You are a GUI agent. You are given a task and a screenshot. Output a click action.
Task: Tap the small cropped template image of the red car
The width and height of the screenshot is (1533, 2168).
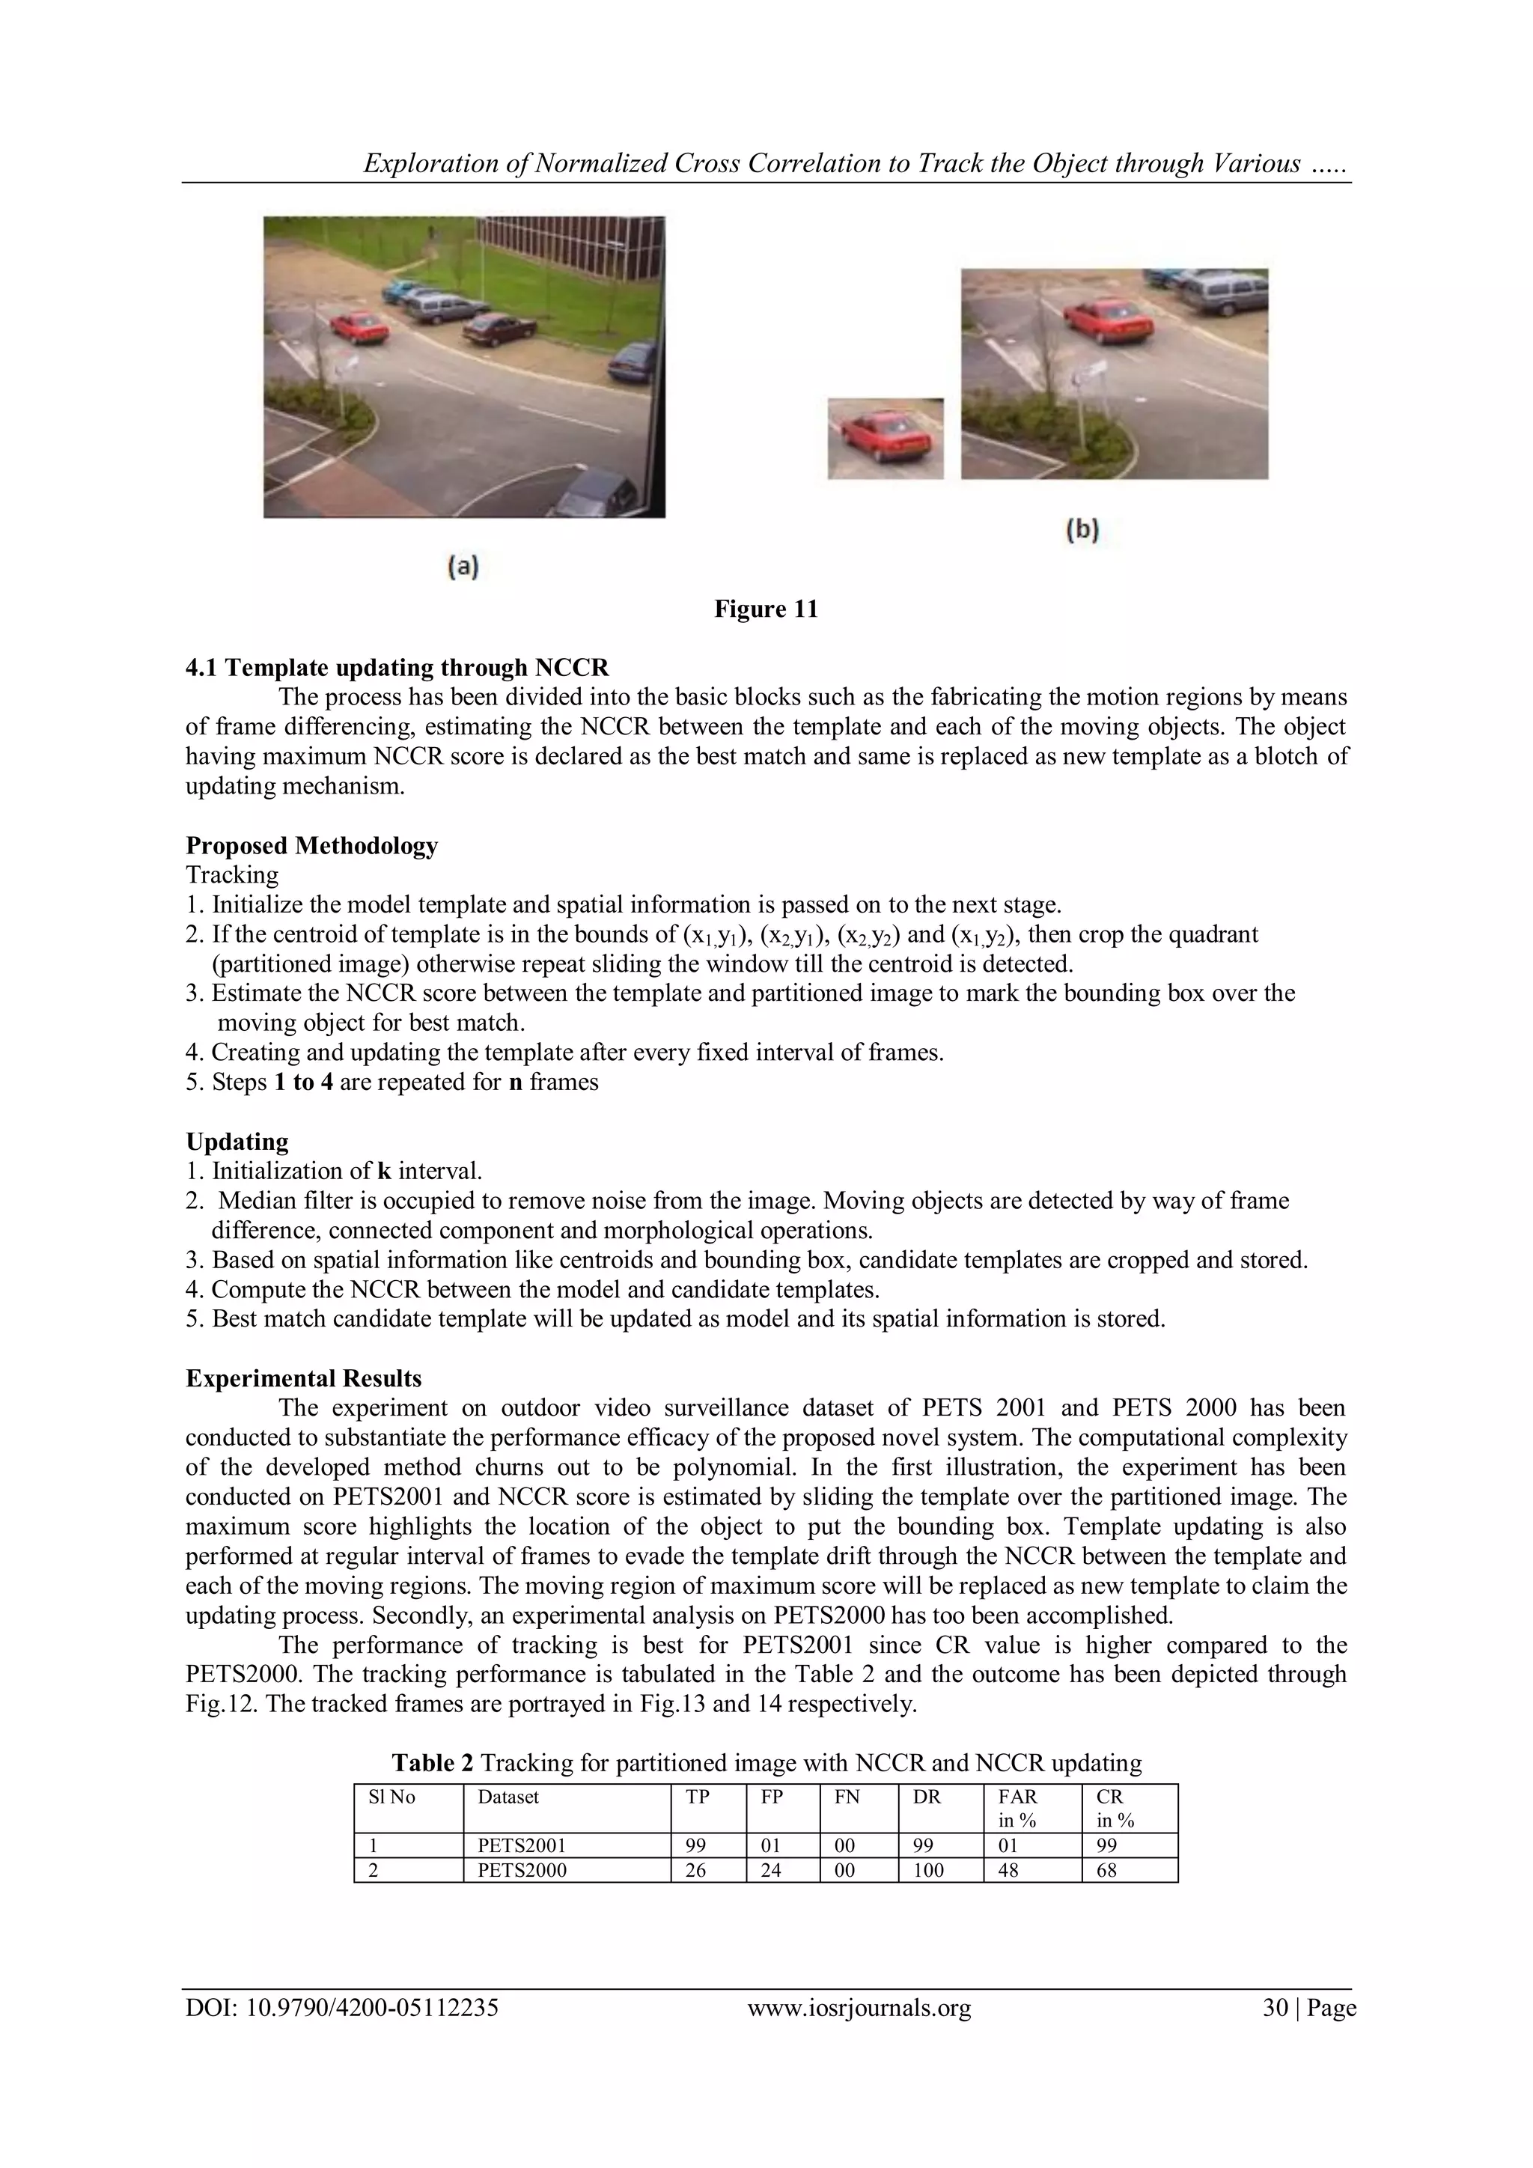pos(886,438)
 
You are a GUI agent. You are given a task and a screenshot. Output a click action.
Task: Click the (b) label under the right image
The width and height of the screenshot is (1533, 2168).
pos(1082,531)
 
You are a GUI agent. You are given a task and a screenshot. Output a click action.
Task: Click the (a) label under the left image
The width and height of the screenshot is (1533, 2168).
pos(463,566)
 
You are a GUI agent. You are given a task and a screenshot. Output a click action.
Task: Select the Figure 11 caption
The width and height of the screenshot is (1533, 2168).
pos(766,609)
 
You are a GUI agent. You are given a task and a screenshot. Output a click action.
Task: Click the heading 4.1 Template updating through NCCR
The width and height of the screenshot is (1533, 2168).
pos(397,668)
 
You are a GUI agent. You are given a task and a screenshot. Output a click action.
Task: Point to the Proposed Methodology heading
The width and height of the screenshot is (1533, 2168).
pos(311,845)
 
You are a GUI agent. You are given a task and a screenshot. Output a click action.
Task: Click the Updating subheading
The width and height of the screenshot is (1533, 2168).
pos(237,1141)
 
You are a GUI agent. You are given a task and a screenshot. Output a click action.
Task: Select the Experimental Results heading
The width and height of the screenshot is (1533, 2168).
pos(303,1377)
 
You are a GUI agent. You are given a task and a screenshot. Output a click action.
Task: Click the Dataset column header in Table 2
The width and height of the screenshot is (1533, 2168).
pos(508,1797)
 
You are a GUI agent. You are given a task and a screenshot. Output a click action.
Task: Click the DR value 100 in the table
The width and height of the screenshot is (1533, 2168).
pos(928,1869)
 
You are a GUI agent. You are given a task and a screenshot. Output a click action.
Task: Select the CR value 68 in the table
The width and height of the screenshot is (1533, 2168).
pos(1106,1869)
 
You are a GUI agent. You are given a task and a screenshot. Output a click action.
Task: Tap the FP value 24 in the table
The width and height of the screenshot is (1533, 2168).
pos(771,1869)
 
